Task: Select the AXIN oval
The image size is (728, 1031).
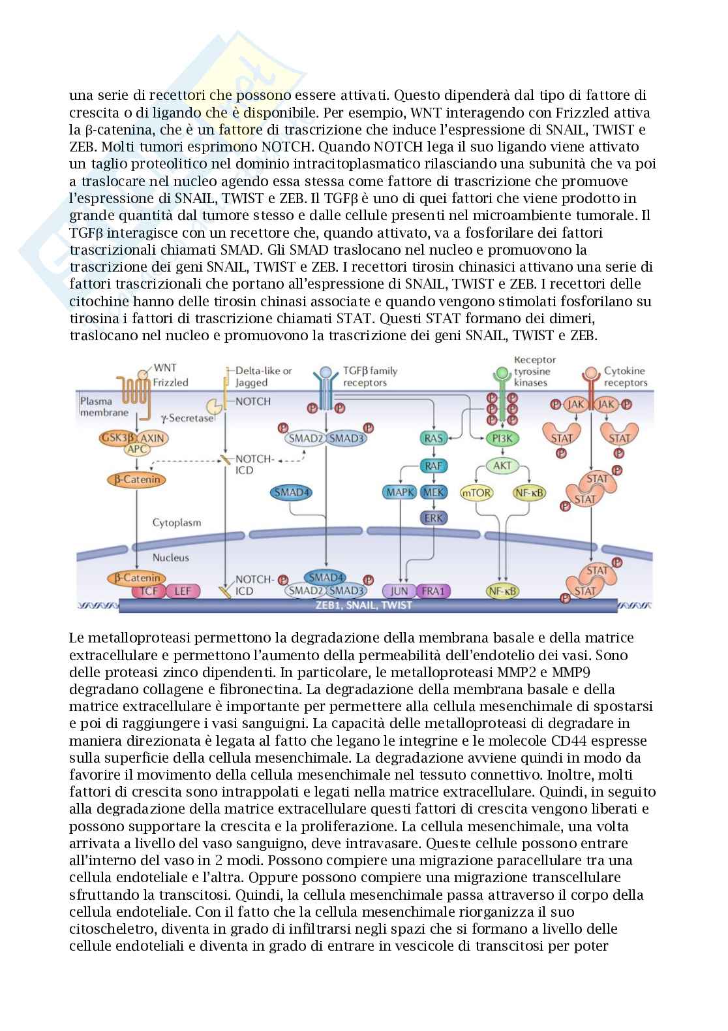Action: click(153, 437)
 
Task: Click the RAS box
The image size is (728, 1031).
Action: click(433, 438)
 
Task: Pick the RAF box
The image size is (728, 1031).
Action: click(433, 466)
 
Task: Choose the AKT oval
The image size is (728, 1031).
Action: click(502, 466)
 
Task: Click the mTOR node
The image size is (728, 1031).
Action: click(477, 493)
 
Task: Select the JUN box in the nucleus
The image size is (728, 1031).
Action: click(399, 592)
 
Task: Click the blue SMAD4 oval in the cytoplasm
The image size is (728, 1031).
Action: click(291, 493)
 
